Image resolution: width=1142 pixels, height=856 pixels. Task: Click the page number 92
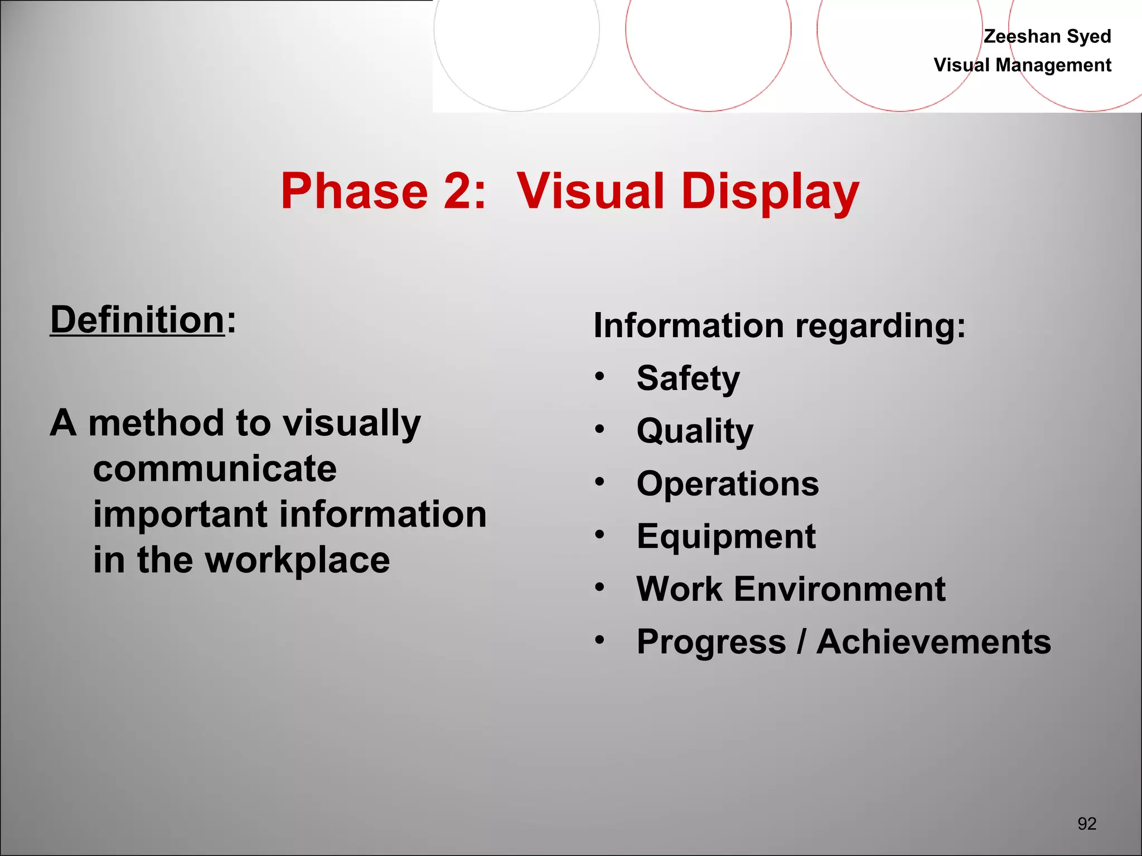pyautogui.click(x=1087, y=823)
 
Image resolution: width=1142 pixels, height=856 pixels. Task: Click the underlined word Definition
pyautogui.click(x=137, y=320)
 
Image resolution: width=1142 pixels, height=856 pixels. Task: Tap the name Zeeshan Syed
pyautogui.click(x=1047, y=36)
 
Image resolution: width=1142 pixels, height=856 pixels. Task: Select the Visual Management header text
pyautogui.click(x=1022, y=65)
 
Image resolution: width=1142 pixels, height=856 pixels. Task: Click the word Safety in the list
pyautogui.click(x=688, y=378)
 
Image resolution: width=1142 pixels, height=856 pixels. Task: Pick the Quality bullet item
pyautogui.click(x=695, y=431)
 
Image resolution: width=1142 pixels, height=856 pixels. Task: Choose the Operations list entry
pyautogui.click(x=728, y=483)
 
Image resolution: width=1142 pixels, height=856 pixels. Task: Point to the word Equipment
pyautogui.click(x=726, y=536)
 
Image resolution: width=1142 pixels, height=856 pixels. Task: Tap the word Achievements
pyautogui.click(x=933, y=641)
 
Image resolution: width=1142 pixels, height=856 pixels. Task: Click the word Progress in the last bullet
pyautogui.click(x=711, y=642)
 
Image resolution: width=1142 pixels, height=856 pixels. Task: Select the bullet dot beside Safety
pyautogui.click(x=599, y=376)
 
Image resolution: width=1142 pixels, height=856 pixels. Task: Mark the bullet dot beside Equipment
pyautogui.click(x=599, y=534)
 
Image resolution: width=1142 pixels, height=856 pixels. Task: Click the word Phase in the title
pyautogui.click(x=354, y=191)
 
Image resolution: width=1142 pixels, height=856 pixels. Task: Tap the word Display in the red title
pyautogui.click(x=770, y=191)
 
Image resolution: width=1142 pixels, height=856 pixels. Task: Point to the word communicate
pyautogui.click(x=215, y=469)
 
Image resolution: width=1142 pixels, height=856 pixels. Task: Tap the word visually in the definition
pyautogui.click(x=351, y=424)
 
